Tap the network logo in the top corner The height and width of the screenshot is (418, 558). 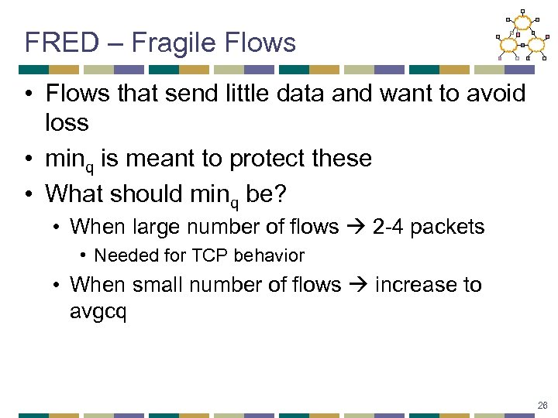(x=522, y=36)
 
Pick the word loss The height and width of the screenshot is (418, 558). (x=67, y=122)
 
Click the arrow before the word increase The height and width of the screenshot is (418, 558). (x=357, y=285)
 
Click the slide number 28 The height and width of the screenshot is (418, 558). (x=541, y=404)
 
